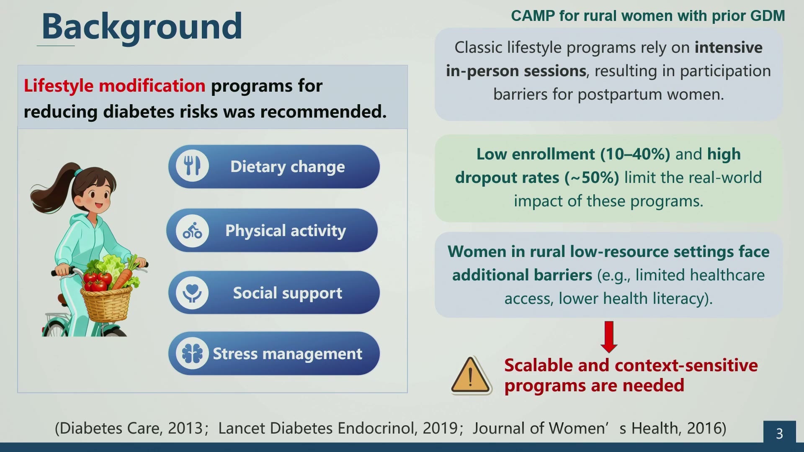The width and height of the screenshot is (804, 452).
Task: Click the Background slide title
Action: (142, 26)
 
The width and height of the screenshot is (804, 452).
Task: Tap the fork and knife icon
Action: (192, 166)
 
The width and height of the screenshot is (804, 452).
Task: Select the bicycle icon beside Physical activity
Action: (192, 230)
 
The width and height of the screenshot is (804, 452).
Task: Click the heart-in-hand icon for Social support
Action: (192, 293)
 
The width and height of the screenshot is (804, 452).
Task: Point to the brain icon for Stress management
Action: (192, 354)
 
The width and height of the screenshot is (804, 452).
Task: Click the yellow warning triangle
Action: (471, 375)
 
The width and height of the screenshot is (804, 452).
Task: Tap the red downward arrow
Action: (609, 337)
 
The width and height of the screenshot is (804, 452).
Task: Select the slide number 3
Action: (779, 434)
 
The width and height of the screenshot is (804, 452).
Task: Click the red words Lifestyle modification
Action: (114, 86)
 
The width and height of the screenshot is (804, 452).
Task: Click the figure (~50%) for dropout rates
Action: (592, 178)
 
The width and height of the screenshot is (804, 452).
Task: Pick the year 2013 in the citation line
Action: (185, 428)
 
